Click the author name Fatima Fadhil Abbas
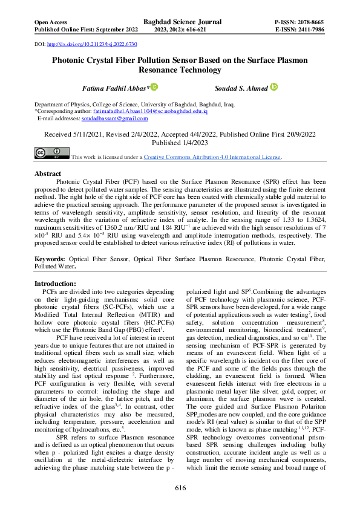(x=116, y=88)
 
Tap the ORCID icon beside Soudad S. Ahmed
(x=273, y=88)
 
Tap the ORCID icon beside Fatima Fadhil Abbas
(x=154, y=88)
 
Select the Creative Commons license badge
(x=51, y=154)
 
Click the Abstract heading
(x=48, y=173)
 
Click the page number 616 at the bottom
(x=180, y=488)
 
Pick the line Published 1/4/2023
(x=180, y=144)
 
